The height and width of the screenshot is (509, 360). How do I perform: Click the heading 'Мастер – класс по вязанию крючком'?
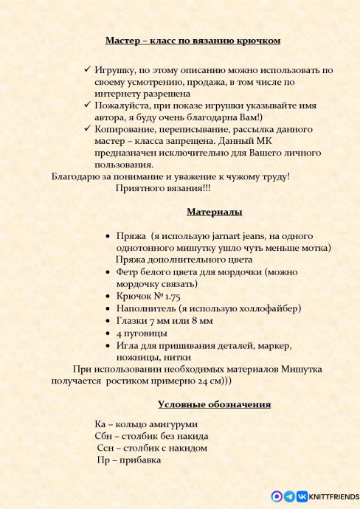coord(193,41)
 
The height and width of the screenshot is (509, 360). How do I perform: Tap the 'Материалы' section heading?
coord(214,212)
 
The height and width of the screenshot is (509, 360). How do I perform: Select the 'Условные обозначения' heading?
coord(214,404)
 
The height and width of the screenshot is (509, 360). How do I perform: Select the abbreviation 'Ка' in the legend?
coord(102,424)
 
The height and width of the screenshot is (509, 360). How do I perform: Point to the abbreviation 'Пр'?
coord(105,460)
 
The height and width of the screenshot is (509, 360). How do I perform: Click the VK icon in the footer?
coord(302,497)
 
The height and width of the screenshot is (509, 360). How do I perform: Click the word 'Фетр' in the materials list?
coord(128,271)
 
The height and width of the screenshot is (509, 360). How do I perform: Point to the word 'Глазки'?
coord(133,321)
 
